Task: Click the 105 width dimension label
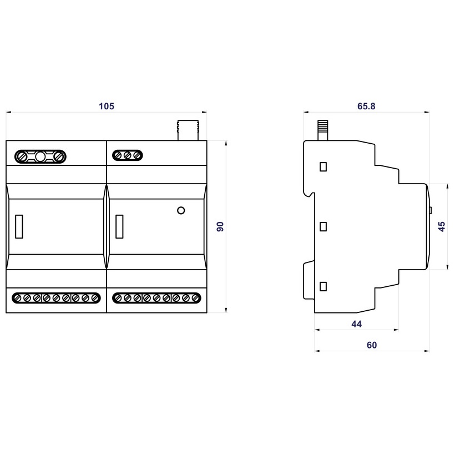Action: click(x=106, y=106)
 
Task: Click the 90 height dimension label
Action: click(x=220, y=226)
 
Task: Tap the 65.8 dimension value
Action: click(x=366, y=106)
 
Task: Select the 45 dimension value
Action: click(x=442, y=226)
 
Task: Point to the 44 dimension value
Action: click(x=357, y=324)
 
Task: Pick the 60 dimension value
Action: click(x=372, y=345)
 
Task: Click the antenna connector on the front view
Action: click(x=188, y=129)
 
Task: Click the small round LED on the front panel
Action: click(x=180, y=210)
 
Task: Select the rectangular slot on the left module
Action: click(x=19, y=226)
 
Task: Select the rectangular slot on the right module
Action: click(x=119, y=226)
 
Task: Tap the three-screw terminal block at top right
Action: click(x=127, y=156)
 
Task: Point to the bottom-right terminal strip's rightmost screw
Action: click(x=194, y=298)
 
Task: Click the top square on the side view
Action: click(x=324, y=166)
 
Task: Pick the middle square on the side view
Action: click(x=324, y=226)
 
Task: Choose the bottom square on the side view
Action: click(x=324, y=286)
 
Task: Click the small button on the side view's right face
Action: click(x=431, y=210)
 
